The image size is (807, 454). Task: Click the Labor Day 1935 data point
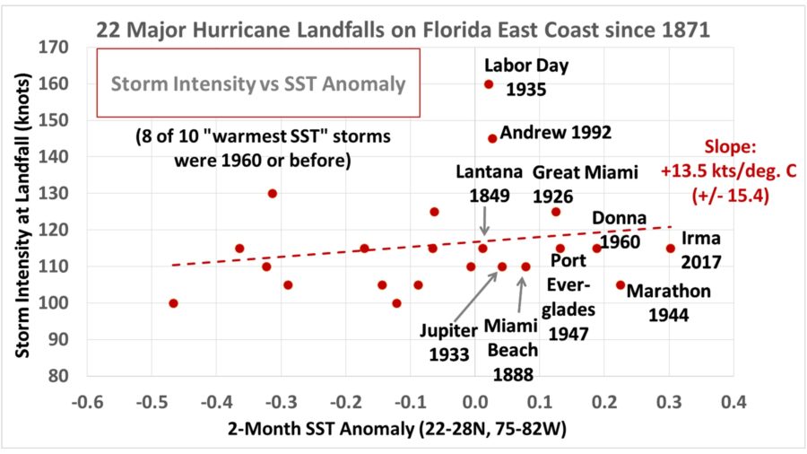(489, 84)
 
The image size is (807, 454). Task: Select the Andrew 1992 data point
(492, 138)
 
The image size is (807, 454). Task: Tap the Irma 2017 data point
(670, 249)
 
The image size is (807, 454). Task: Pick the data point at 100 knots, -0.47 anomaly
(173, 303)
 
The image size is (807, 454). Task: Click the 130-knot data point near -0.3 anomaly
(273, 193)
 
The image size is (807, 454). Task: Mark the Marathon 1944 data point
(620, 284)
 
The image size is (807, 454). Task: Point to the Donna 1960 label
(616, 230)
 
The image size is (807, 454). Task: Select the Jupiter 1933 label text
(448, 342)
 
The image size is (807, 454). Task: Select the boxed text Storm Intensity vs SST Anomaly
(258, 83)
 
